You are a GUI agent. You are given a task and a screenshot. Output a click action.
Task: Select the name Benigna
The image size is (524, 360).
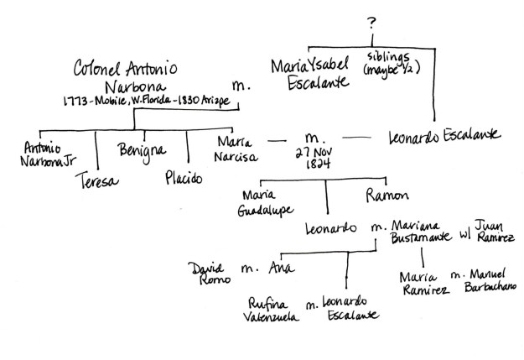click(141, 151)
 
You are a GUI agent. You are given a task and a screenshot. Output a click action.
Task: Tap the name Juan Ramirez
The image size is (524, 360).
click(491, 231)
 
